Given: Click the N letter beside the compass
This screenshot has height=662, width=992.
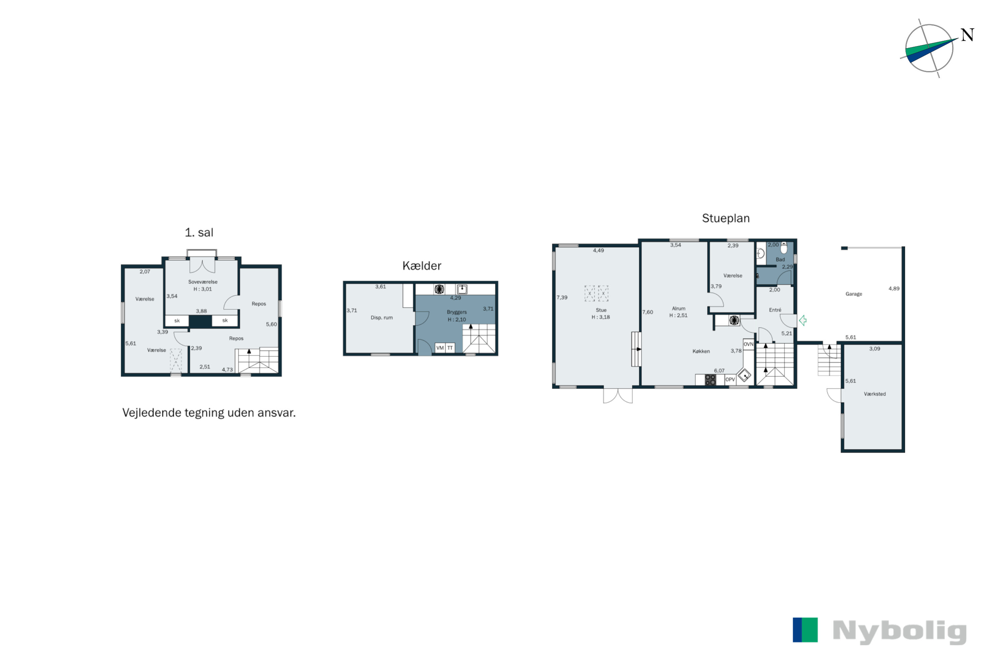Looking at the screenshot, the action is point(967,35).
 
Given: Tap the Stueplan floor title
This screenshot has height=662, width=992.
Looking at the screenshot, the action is point(725,218).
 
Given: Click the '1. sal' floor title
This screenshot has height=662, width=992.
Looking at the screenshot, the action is point(199,233).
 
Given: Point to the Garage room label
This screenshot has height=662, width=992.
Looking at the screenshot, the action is point(854,294).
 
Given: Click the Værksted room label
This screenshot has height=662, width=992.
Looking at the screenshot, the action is point(875,394).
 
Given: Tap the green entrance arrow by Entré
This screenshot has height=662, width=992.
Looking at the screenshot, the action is point(803,320).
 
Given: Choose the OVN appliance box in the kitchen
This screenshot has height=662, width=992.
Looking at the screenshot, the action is point(748,344).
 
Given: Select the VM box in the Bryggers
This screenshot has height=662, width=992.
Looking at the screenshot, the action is point(440,348).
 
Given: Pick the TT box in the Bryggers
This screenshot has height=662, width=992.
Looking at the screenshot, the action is point(450,348).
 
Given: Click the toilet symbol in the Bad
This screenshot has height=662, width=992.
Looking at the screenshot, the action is point(784,247).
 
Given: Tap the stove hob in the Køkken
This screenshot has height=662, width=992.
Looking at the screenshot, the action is point(710,380).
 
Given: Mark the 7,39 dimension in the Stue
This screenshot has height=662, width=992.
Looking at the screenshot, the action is point(562,298).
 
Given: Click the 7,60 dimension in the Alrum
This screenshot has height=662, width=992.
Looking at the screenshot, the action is point(647,312).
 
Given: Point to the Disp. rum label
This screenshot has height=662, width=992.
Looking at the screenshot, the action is point(382,317).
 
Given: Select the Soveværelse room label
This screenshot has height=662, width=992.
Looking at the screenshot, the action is point(203,282).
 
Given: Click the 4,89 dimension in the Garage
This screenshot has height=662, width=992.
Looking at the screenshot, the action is point(894,289).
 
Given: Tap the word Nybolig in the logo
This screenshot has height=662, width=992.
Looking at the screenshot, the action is point(900,632).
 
